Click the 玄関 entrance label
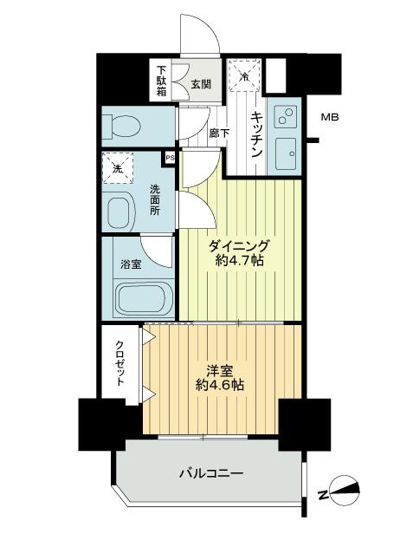pyautogui.click(x=201, y=83)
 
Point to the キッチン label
pyautogui.click(x=257, y=134)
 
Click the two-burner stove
pyautogui.click(x=287, y=117)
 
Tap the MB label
pyautogui.click(x=330, y=116)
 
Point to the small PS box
pyautogui.click(x=170, y=158)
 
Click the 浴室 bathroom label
pyautogui.click(x=131, y=264)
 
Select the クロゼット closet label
pyautogui.click(x=121, y=361)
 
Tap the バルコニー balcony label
pyautogui.click(x=211, y=472)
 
